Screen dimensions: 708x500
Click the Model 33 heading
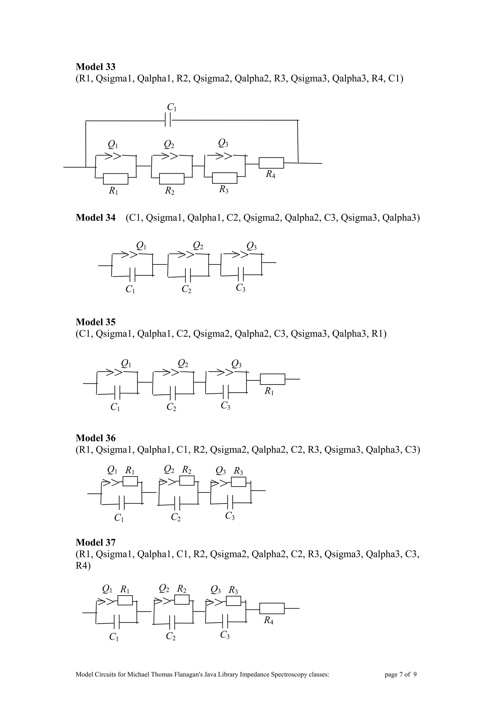point(95,67)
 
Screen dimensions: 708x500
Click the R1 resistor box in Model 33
point(115,179)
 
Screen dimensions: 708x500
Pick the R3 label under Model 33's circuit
point(224,189)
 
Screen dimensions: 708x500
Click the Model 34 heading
point(95,218)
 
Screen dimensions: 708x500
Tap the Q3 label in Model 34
point(251,246)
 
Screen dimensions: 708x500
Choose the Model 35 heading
point(95,322)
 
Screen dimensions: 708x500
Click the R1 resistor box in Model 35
point(273,379)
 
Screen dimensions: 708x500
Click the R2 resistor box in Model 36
point(187,480)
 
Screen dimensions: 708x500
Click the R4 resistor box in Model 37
point(272,608)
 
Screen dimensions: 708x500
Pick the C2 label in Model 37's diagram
point(171,636)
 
